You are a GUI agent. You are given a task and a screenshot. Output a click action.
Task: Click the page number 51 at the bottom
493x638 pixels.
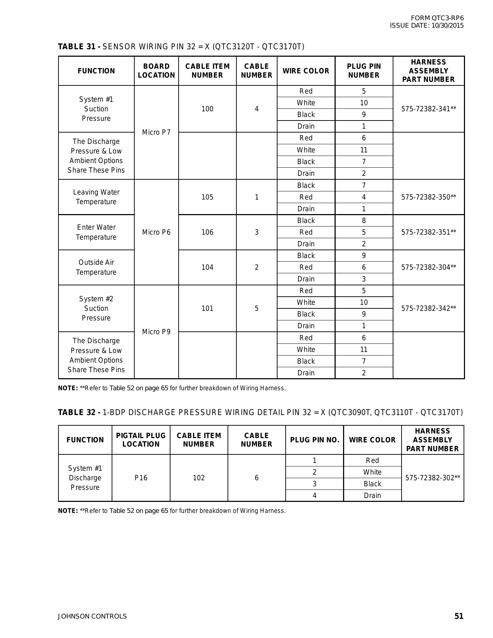coord(459,616)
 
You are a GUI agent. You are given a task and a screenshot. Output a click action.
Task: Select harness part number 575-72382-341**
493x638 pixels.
coord(428,109)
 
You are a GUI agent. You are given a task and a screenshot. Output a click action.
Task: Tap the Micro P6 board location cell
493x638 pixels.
coord(156,232)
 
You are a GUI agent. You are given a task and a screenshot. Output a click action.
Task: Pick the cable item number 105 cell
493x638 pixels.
coord(207,197)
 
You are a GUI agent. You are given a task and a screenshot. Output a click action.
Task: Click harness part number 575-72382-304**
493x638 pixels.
coord(428,267)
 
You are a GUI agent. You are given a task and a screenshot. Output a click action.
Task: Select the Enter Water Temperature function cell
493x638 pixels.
coord(96,232)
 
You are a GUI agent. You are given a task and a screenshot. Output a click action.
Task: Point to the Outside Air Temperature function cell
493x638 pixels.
coord(96,267)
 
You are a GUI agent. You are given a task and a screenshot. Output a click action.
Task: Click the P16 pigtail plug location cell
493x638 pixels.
coord(141,478)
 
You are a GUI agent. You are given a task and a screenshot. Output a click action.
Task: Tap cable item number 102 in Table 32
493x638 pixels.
coord(199,478)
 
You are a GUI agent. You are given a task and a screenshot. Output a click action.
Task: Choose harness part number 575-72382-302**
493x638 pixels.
coord(432,478)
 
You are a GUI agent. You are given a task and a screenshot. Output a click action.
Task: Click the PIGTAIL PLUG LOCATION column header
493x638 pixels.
coord(141,440)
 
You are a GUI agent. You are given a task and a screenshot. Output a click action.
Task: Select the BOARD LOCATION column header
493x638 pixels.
coord(156,71)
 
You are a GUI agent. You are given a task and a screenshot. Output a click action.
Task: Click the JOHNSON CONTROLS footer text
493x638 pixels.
coord(92,616)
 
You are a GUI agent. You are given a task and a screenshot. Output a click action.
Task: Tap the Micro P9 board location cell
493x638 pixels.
coord(156,332)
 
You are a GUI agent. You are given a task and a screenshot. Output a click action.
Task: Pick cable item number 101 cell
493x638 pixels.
coord(207,308)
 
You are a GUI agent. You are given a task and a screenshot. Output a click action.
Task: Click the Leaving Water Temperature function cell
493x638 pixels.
coord(96,197)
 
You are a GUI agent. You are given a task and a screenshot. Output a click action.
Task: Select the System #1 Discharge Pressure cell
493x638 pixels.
coord(85,478)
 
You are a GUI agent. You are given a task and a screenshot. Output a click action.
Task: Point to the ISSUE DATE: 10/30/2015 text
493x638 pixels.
coord(426,26)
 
